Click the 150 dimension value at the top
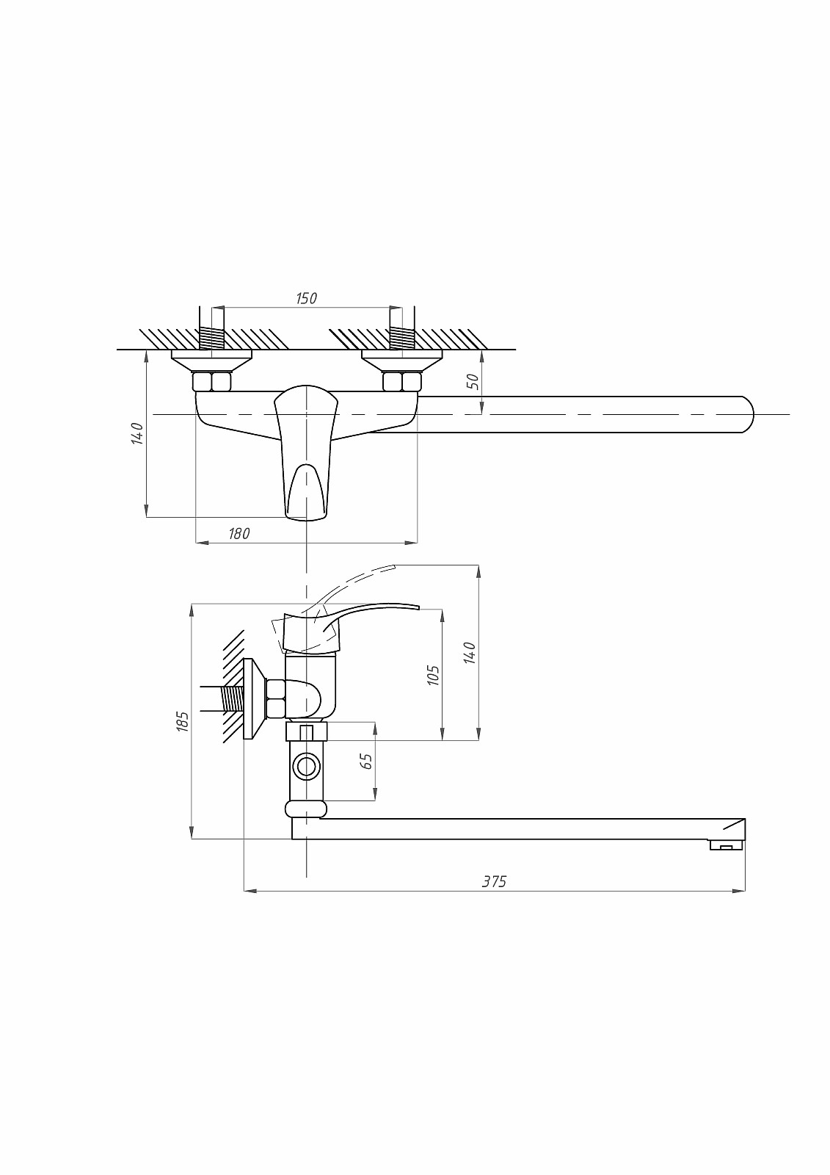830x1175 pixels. click(306, 298)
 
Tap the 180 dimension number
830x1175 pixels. click(239, 533)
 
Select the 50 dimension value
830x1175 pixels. click(473, 381)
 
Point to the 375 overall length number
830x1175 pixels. click(495, 882)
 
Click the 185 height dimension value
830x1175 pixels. click(182, 722)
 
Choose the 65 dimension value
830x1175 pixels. click(366, 761)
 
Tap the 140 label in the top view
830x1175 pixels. click(136, 433)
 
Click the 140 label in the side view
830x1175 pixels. click(469, 653)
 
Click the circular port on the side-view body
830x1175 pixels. click(305, 767)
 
